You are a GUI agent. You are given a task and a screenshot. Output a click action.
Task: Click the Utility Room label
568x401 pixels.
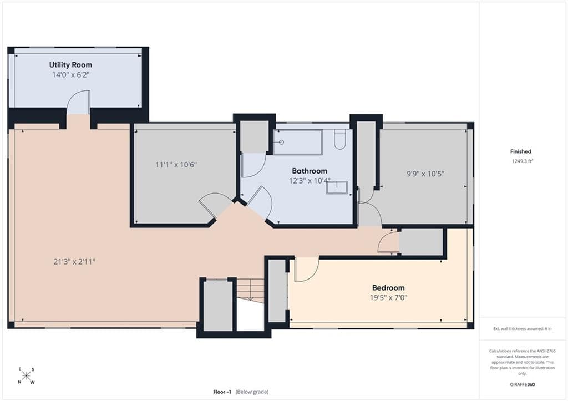[x=70, y=65]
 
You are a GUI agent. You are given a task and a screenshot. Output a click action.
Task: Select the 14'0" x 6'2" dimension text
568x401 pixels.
[x=70, y=75]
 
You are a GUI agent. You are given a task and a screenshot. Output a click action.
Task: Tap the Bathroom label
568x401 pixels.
[x=310, y=171]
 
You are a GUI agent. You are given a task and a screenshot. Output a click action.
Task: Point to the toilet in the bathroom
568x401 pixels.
[x=340, y=139]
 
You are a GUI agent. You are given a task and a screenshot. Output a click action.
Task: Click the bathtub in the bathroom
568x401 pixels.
[x=298, y=142]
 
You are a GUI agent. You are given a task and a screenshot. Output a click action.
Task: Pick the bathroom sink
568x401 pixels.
[x=337, y=187]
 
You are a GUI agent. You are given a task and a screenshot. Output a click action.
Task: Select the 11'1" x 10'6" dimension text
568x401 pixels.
[x=176, y=165]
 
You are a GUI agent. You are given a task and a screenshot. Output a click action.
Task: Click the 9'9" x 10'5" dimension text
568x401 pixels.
[x=425, y=174]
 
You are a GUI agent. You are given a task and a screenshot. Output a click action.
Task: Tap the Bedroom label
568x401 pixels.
[x=388, y=288]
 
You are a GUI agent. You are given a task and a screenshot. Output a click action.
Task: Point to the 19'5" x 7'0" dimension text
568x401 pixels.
[x=388, y=298]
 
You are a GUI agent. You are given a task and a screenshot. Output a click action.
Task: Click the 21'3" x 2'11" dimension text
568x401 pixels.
[x=74, y=262]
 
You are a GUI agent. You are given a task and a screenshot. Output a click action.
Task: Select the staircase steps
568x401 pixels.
[x=250, y=290]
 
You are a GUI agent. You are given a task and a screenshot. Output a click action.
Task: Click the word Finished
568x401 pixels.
[x=520, y=151]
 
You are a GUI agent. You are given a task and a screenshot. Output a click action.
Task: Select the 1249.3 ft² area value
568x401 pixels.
[x=523, y=161]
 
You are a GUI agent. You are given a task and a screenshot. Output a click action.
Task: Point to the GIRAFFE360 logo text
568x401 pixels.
[x=523, y=384]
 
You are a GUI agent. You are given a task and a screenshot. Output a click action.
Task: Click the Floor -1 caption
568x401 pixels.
[x=222, y=392]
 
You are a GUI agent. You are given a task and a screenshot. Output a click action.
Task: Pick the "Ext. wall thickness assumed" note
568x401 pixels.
[x=523, y=329]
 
